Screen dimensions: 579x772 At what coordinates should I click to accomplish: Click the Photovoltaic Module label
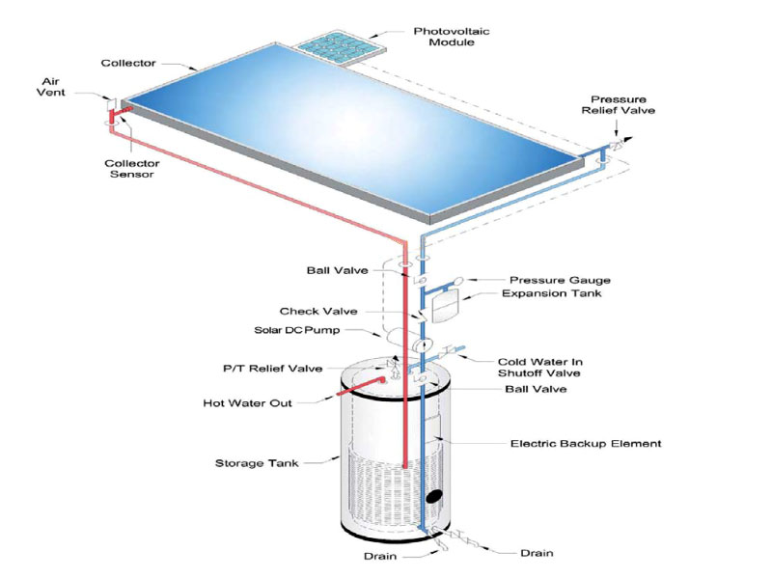[x=453, y=35]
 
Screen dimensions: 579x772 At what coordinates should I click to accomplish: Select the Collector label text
[x=127, y=64]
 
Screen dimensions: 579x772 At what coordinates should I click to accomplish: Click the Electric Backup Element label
[x=585, y=444]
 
